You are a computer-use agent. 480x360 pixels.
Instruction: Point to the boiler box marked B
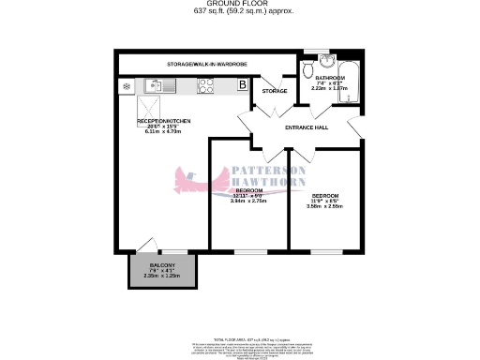242,85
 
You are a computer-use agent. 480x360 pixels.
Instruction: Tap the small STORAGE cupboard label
274,91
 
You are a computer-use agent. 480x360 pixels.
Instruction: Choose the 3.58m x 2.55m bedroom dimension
325,206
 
